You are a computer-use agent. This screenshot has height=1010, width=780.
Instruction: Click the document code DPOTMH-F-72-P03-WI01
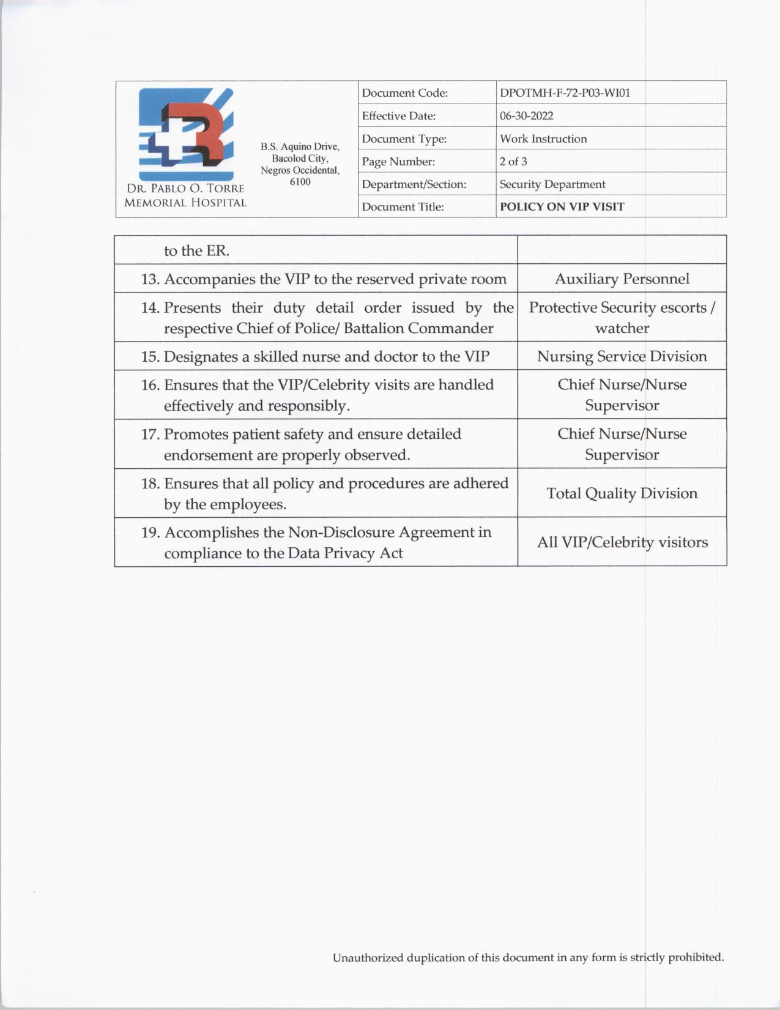[x=565, y=93]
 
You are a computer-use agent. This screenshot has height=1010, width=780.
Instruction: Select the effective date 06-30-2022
[x=526, y=116]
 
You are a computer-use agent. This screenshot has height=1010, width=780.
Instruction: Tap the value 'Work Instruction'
[x=543, y=139]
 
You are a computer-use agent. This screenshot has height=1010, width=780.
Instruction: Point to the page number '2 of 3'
[x=513, y=162]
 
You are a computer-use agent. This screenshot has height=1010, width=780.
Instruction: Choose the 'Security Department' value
[x=552, y=184]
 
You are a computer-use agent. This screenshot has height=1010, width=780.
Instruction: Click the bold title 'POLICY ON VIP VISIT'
[x=562, y=207]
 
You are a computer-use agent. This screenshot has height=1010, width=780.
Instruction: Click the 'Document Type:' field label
[x=404, y=139]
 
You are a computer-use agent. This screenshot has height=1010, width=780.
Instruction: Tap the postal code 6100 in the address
[x=300, y=182]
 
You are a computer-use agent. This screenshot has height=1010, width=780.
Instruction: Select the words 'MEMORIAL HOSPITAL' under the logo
[x=185, y=203]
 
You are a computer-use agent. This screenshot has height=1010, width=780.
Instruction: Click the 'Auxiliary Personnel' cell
[x=622, y=279]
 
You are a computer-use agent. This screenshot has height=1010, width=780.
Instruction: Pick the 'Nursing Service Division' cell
[x=622, y=356]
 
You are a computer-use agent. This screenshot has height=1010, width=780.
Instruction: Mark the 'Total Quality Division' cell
[x=622, y=493]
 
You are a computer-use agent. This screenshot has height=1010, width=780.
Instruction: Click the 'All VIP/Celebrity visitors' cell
[x=622, y=542]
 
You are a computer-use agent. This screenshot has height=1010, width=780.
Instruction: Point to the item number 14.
[x=150, y=308]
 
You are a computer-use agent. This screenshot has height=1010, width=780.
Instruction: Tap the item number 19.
[x=150, y=533]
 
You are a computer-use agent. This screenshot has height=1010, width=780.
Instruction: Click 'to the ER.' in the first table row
[x=196, y=251]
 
